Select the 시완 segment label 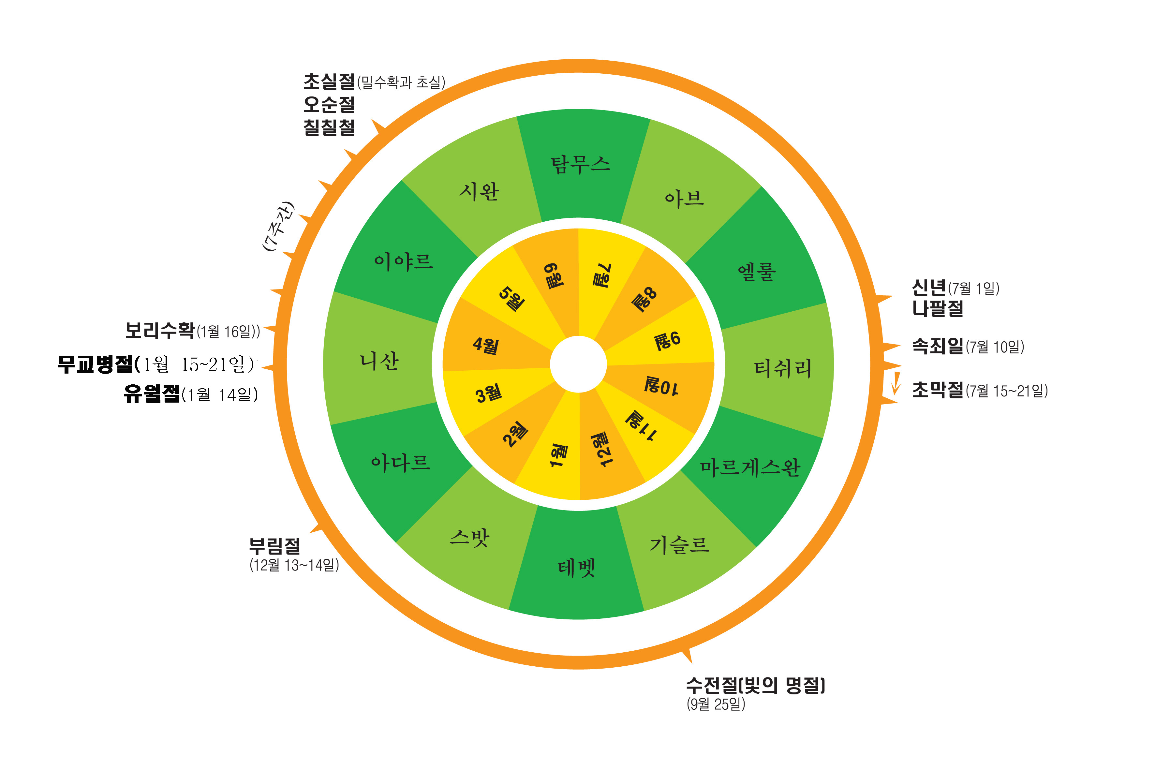pyautogui.click(x=479, y=191)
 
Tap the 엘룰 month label pyautogui.click(x=757, y=272)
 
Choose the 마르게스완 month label pyautogui.click(x=750, y=467)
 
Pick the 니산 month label pyautogui.click(x=379, y=362)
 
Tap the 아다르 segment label pyautogui.click(x=401, y=463)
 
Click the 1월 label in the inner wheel pyautogui.click(x=558, y=455)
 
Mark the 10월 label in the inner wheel pyautogui.click(x=661, y=386)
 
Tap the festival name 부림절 pyautogui.click(x=274, y=546)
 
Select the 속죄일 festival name pyautogui.click(x=938, y=346)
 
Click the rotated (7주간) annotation pyautogui.click(x=278, y=226)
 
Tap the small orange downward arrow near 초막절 pyautogui.click(x=896, y=383)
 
